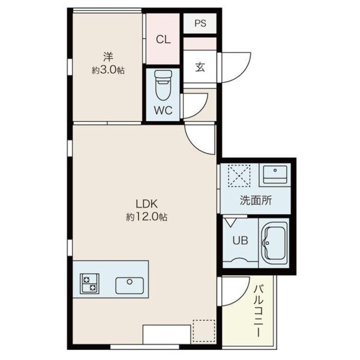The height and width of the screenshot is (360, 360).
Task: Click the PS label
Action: [x=200, y=23]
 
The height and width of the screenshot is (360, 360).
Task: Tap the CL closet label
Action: [x=163, y=39]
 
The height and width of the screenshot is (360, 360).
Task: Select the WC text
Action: [x=163, y=111]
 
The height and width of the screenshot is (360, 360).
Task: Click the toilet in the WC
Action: [x=163, y=85]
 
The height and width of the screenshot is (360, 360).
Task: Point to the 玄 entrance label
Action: [x=200, y=67]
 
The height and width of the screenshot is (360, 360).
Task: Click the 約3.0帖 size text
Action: [x=108, y=70]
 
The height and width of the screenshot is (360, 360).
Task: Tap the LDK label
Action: [x=146, y=204]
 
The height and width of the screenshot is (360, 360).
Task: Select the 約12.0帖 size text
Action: [x=146, y=217]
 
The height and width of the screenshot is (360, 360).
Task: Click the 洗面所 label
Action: [x=256, y=200]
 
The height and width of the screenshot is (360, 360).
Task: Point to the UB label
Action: [x=240, y=240]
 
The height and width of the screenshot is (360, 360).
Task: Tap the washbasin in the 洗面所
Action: [x=275, y=174]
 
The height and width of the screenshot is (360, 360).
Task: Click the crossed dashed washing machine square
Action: [x=239, y=176]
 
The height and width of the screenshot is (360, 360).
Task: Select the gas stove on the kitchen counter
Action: [x=89, y=283]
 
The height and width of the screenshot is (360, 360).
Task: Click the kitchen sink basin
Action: [x=129, y=286]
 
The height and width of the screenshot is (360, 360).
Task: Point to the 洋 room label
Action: [x=108, y=57]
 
